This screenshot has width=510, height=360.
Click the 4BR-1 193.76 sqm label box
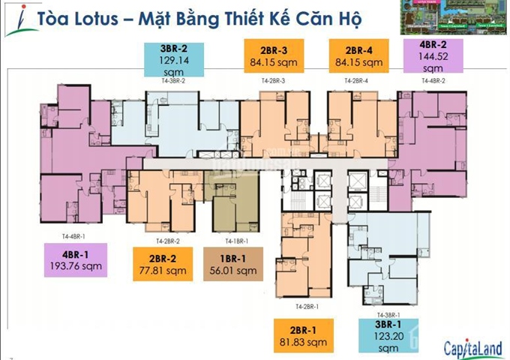76,259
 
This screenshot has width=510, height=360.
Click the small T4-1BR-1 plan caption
235,241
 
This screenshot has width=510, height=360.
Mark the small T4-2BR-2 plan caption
167,241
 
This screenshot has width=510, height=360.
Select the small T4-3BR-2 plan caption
172,79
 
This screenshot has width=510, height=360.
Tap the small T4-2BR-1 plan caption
307,307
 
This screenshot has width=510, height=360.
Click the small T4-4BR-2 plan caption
433,79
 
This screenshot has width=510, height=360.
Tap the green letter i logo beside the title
15,19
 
